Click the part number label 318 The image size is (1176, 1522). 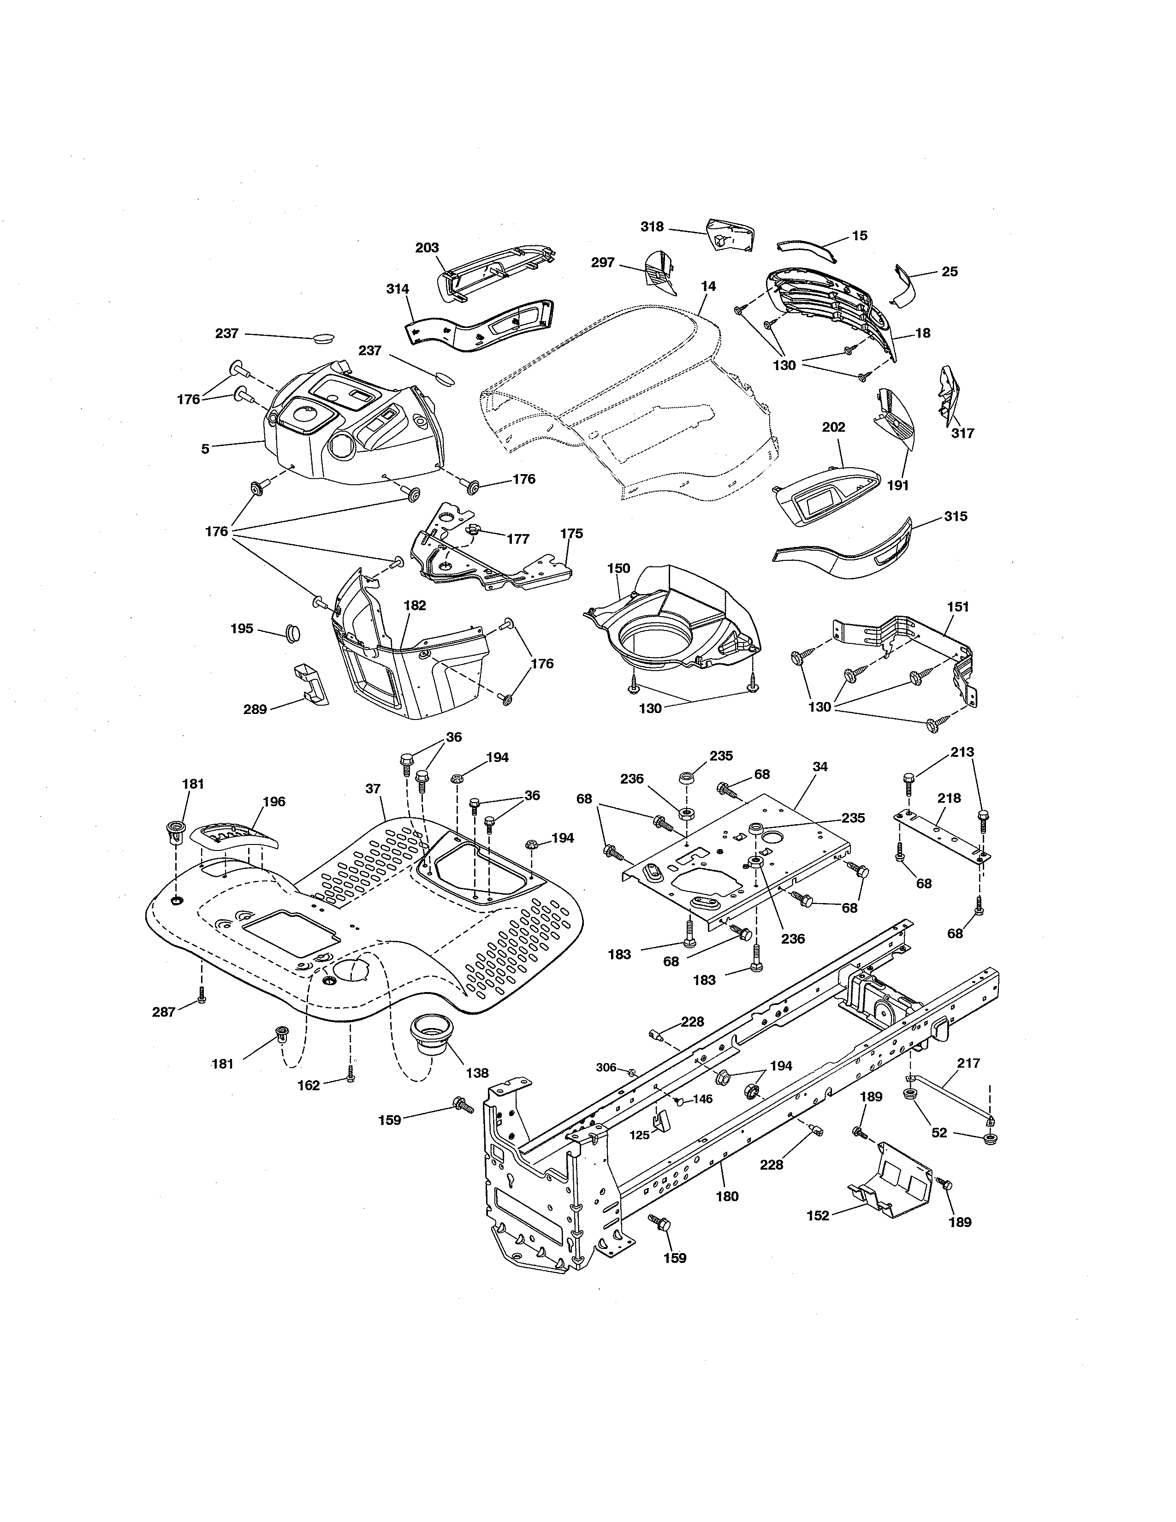point(652,226)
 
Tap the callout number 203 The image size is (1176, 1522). point(427,247)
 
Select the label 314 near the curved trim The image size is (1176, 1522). point(398,289)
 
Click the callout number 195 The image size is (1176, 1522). point(242,629)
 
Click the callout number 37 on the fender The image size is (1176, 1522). point(374,788)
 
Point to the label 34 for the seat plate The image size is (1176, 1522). point(820,767)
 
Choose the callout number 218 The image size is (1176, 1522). point(949,798)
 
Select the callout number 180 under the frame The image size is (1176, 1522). point(727,1196)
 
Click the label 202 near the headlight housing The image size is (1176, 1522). point(833,427)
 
